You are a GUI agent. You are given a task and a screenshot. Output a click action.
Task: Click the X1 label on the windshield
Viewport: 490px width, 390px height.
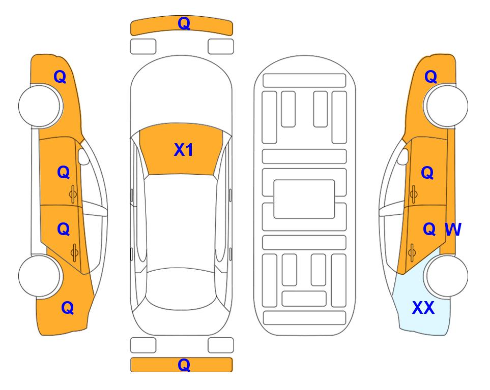pos(184,150)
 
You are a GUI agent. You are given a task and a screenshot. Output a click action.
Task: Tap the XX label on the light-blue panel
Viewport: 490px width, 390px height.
pos(423,308)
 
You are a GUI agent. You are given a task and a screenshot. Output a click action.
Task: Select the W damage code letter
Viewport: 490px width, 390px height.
pos(453,230)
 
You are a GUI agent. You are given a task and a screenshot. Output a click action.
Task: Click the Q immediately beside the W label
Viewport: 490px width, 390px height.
pos(429,230)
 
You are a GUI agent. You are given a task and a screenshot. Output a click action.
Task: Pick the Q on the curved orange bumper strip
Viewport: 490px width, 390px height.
pos(184,23)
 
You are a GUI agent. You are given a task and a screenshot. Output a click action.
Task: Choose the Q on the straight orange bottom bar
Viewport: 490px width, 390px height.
pos(184,365)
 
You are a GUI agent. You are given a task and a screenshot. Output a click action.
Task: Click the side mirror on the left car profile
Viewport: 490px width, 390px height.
pos(83,156)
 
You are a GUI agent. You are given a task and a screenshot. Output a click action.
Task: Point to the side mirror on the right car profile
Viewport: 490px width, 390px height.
pos(403,156)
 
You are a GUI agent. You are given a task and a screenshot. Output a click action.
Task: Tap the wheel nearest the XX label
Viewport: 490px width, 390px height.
pos(446,276)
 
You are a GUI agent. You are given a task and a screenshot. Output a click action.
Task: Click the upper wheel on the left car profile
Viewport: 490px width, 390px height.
pos(41,106)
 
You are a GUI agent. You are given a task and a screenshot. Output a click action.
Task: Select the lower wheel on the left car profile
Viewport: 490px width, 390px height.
pos(41,276)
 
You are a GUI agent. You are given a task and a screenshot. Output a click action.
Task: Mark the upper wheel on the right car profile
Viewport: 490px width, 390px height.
pos(446,106)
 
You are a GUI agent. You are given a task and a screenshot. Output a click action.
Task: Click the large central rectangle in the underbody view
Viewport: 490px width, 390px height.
pos(304,199)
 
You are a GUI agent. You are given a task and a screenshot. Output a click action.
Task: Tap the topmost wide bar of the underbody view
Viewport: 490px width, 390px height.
pos(304,81)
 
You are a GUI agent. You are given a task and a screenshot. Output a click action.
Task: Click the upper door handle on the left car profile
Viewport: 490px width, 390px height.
pos(73,194)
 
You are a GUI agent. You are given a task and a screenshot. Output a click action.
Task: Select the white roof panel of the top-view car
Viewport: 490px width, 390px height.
pos(181,221)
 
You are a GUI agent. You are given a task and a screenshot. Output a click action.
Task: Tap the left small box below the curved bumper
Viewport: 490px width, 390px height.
pos(143,47)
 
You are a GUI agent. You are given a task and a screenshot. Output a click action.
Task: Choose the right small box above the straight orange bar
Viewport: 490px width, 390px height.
pos(221,345)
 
